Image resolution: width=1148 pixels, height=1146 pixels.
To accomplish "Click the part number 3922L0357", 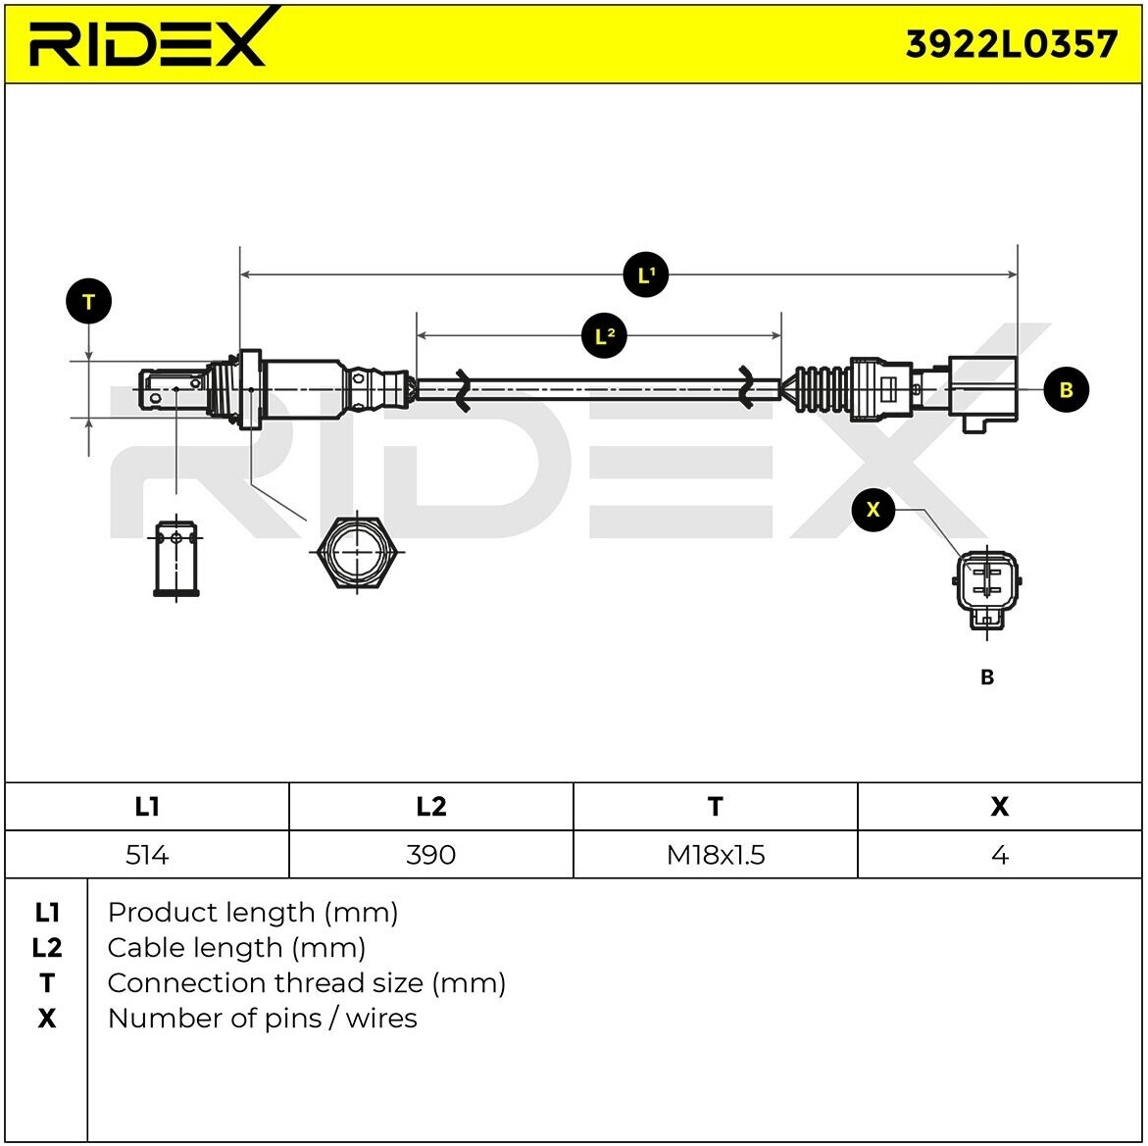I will coord(1011,44).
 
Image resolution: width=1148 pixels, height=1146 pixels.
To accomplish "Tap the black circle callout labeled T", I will coord(88,302).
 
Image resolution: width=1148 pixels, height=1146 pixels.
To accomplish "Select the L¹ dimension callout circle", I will coord(646,275).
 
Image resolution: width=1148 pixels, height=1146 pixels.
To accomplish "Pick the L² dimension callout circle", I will coord(604,336).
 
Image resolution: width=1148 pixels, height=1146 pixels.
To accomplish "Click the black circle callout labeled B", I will coord(1066,390).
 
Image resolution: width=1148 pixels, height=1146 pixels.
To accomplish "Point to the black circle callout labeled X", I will coord(873,510).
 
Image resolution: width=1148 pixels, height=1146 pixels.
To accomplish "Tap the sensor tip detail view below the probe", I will coord(175,559).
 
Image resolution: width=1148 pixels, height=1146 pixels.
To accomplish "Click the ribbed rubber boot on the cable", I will coord(821,390).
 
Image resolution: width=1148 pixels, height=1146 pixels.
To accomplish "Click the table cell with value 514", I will coord(147,855).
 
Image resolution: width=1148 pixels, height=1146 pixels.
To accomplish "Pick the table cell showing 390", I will coord(430,855).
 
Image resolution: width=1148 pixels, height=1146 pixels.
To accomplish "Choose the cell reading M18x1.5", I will coord(715,855).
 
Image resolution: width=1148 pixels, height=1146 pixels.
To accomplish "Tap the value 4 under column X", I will coord(999,855).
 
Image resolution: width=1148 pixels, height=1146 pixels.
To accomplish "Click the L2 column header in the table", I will coord(430,806).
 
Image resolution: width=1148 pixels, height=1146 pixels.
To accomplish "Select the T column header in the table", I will coord(715,806).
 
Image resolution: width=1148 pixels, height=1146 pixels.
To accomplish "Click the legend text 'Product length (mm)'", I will coord(253,913).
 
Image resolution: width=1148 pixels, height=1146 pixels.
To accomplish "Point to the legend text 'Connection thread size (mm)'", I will coord(306,983).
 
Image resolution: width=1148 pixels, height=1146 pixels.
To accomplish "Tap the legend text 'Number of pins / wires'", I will coord(262,1019).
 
